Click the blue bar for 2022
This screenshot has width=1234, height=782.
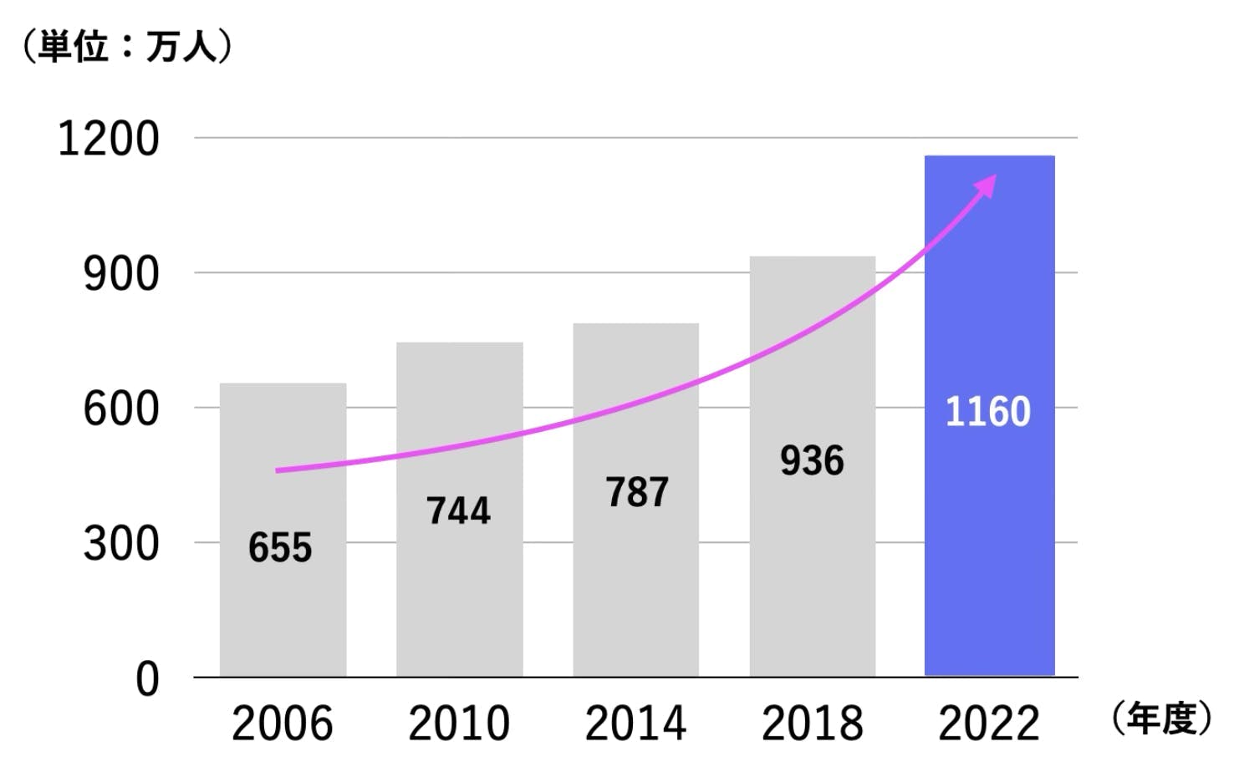[x=989, y=543]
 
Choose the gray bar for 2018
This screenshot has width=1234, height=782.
[x=812, y=568]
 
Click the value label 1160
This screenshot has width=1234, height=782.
[x=987, y=412]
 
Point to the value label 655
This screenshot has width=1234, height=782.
[x=280, y=548]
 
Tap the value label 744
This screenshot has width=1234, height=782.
[x=458, y=510]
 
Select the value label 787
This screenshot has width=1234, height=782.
[x=637, y=492]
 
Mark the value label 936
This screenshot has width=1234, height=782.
[x=812, y=460]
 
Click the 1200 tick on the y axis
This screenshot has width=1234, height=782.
[x=108, y=139]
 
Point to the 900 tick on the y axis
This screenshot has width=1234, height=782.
[x=120, y=274]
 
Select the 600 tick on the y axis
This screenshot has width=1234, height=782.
[x=120, y=409]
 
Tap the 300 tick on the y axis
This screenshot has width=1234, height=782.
[x=120, y=544]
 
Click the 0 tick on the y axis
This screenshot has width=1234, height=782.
[x=147, y=679]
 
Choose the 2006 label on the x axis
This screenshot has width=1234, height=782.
[x=282, y=724]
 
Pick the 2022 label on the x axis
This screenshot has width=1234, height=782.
[x=988, y=724]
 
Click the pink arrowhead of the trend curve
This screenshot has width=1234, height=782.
[x=987, y=185]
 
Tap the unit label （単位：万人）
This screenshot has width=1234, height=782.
[x=126, y=47]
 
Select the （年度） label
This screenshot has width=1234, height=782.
[x=1162, y=719]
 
